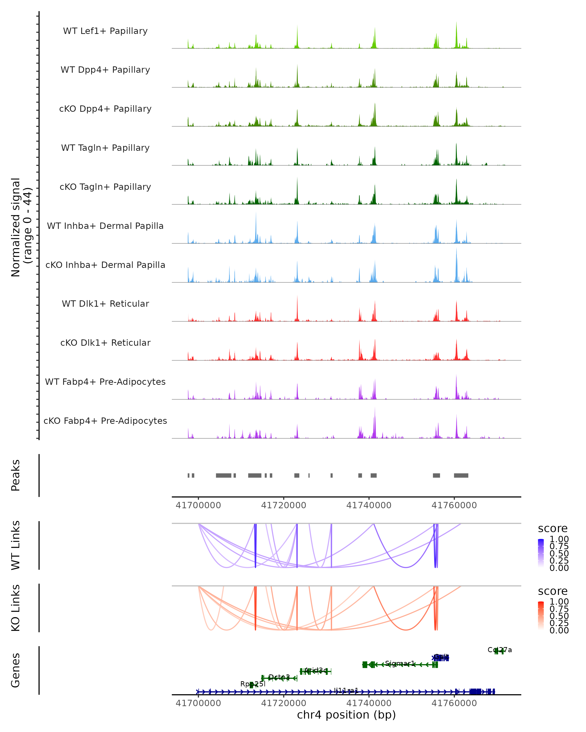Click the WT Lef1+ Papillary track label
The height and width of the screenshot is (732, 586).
click(105, 31)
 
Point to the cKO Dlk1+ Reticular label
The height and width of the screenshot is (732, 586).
click(105, 343)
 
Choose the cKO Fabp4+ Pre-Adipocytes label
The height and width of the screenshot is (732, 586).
click(105, 421)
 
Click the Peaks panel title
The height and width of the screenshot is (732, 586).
click(16, 475)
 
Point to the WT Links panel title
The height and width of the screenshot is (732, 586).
click(16, 545)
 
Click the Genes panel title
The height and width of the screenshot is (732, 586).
click(16, 670)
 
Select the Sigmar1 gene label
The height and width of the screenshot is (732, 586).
click(400, 663)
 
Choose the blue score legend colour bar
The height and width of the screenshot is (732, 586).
click(541, 553)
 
